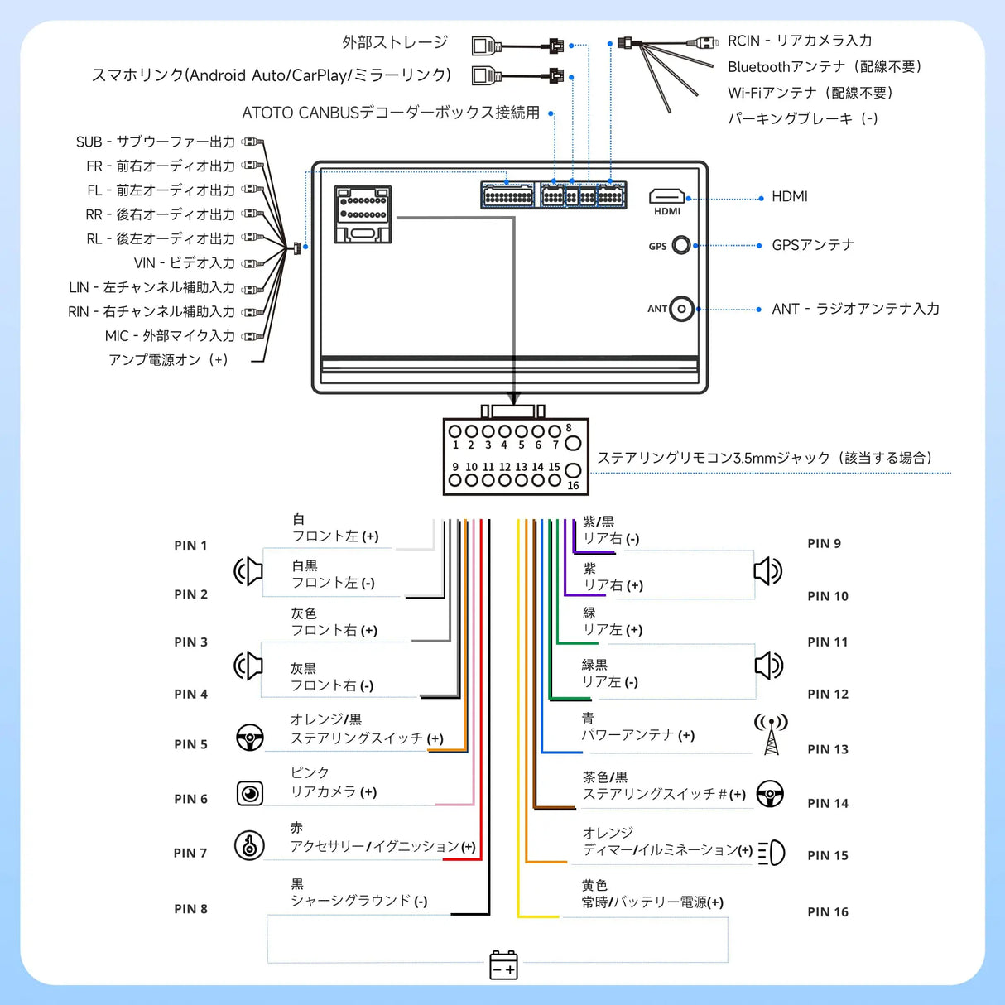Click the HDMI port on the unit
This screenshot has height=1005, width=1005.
pos(666,196)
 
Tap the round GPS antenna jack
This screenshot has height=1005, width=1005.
pos(681,245)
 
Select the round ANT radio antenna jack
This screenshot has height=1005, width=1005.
pos(681,309)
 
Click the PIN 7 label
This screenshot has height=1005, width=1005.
pos(190,853)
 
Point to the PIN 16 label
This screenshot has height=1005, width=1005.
pos(828,911)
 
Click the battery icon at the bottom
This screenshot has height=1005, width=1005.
pos(503,965)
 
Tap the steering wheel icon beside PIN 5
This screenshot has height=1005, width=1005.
pos(250,737)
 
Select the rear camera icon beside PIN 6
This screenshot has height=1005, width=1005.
pos(250,793)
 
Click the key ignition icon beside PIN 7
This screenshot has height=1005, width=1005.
pos(249,845)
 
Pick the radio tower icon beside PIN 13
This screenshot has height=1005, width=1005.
pos(771,734)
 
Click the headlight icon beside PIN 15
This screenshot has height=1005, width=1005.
pos(772,852)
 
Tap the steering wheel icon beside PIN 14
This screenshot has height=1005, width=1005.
pos(770,793)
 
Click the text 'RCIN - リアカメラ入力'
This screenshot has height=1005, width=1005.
pos(799,41)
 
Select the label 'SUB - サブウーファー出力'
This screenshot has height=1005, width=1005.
pos(156,142)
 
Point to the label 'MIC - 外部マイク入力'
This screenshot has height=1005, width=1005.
pos(170,335)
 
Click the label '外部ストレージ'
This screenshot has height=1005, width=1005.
pos(395,42)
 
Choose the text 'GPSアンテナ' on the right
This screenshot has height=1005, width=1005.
pos(812,245)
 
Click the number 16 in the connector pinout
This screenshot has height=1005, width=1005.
pos(573,486)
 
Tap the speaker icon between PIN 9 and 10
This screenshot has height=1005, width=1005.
pos(767,570)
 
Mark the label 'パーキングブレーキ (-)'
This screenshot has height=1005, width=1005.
pos(802,118)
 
